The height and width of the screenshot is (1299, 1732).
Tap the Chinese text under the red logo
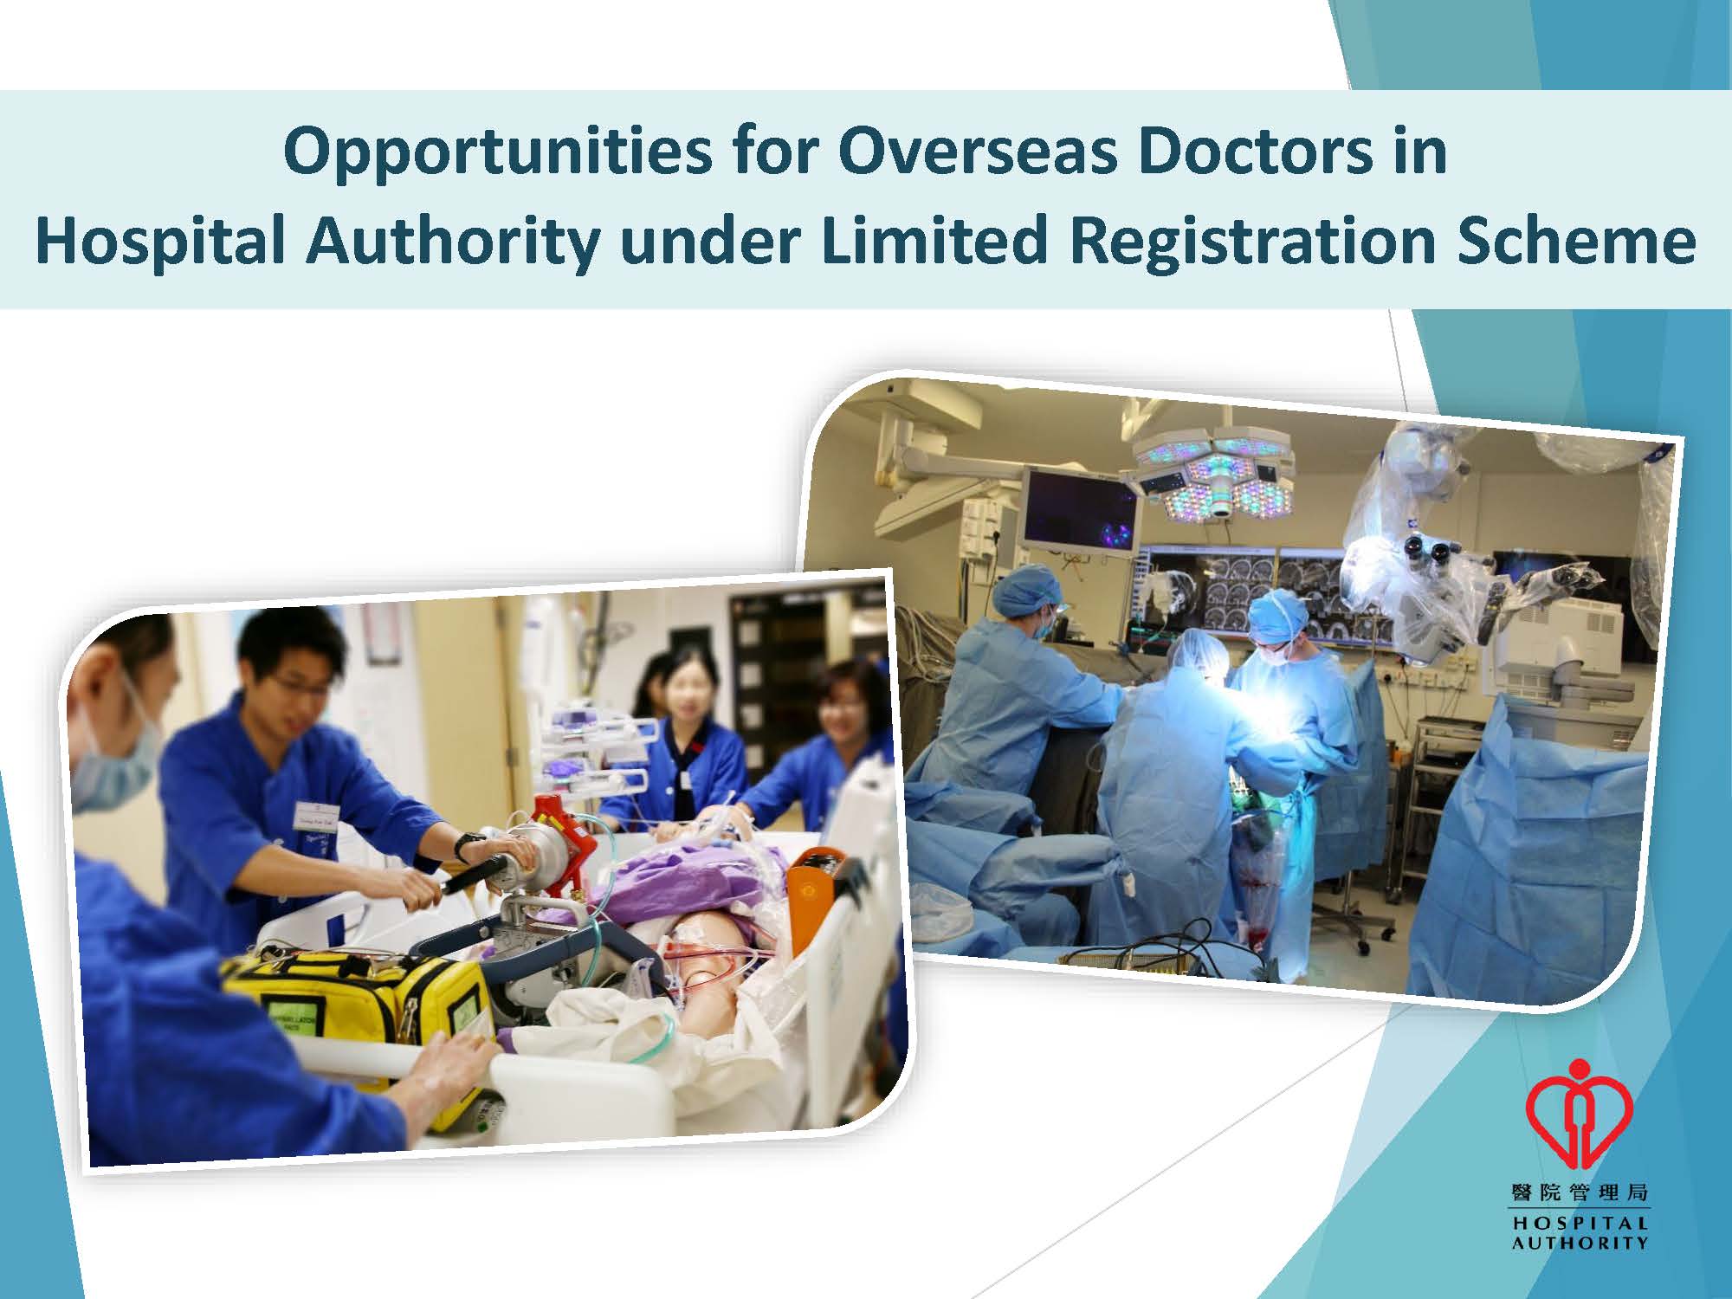(1579, 1193)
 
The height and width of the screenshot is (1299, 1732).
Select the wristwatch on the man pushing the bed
(469, 845)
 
